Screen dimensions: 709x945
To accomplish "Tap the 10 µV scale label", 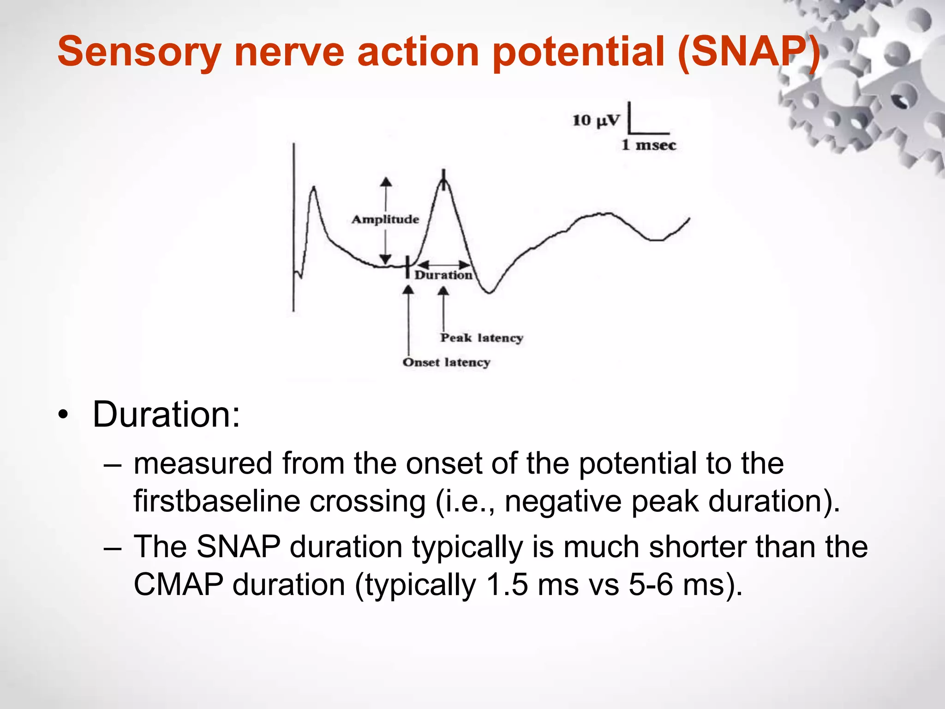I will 596,121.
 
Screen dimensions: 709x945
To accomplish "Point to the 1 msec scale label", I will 648,145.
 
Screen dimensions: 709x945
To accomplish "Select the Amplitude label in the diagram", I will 385,219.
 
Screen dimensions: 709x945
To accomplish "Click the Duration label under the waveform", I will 443,275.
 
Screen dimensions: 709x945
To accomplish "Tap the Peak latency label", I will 481,338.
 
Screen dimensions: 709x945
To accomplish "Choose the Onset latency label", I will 446,362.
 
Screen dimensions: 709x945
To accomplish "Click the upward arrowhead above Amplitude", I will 386,181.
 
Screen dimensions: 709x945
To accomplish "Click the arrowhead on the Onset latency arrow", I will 408,290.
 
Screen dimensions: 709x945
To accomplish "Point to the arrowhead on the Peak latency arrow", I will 443,291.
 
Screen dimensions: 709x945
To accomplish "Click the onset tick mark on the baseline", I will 407,267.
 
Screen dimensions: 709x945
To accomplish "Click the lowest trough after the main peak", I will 489,292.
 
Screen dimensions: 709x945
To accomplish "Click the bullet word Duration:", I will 166,415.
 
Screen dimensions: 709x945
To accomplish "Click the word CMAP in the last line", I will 178,585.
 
